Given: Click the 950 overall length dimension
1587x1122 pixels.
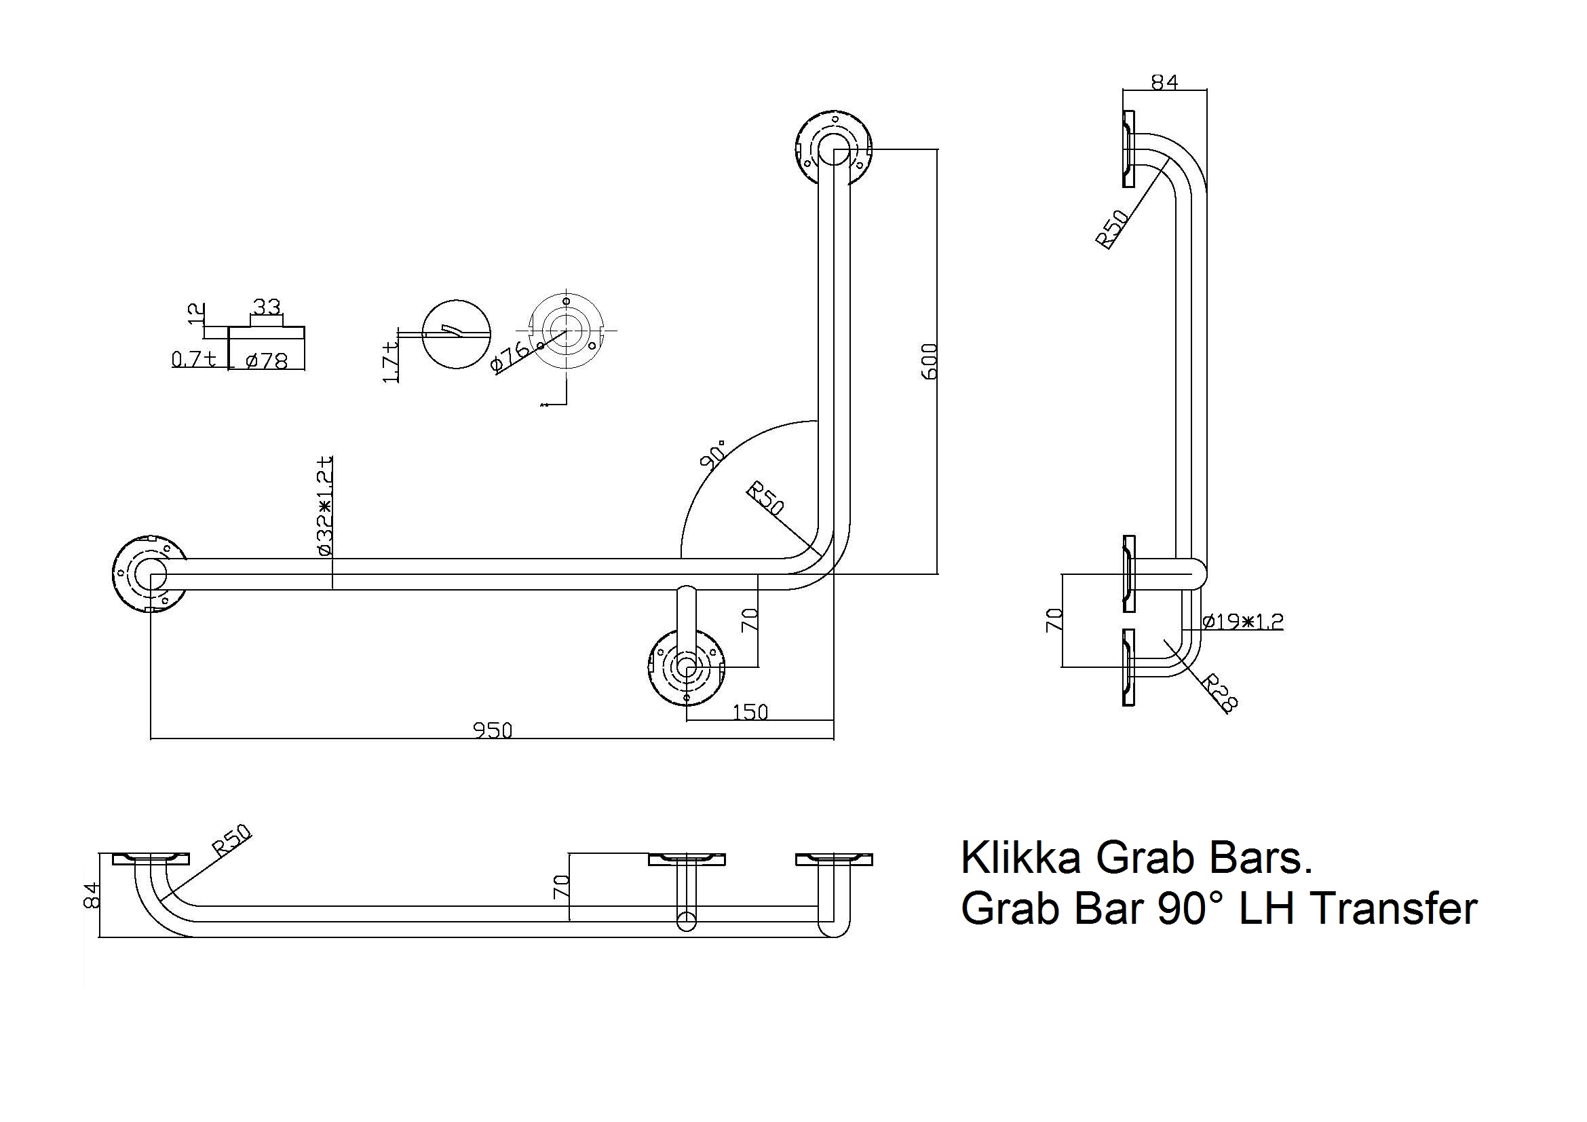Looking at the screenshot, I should (x=492, y=730).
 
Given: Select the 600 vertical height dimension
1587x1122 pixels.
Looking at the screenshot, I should (x=930, y=360).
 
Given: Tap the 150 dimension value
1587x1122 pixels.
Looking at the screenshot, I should (x=750, y=711).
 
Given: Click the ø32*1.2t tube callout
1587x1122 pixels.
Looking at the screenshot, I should (x=325, y=506).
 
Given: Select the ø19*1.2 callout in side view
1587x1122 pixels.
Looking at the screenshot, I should (x=1242, y=621).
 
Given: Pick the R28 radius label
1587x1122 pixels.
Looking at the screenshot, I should (x=1219, y=694).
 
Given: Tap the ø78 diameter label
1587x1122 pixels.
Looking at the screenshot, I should (x=266, y=360).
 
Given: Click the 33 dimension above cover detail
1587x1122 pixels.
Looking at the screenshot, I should (x=266, y=306).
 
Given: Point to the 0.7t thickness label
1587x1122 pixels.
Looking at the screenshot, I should (x=193, y=359).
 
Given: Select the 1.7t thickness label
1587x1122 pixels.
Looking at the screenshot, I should (x=391, y=362).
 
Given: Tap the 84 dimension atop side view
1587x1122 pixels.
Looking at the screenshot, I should (x=1164, y=81).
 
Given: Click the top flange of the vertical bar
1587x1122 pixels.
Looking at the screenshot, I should (x=833, y=148).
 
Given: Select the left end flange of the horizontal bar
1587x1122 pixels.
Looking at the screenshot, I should (x=149, y=574).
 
